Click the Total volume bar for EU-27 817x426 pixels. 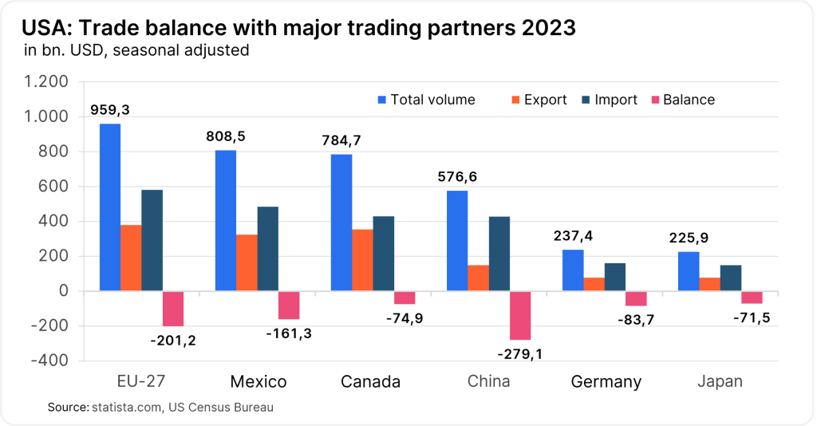click(110, 207)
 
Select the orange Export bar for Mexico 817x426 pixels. click(247, 262)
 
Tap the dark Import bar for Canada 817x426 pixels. click(383, 254)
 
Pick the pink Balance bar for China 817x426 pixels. click(520, 315)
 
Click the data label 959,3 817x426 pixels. click(112, 109)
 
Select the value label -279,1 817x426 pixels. click(519, 353)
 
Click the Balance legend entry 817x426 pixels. click(683, 100)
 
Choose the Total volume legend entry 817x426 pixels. click(426, 100)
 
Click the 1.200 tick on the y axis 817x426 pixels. click(47, 82)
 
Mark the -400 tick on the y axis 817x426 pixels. click(51, 361)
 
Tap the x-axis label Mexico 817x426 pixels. click(259, 381)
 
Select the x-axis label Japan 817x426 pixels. click(719, 381)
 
